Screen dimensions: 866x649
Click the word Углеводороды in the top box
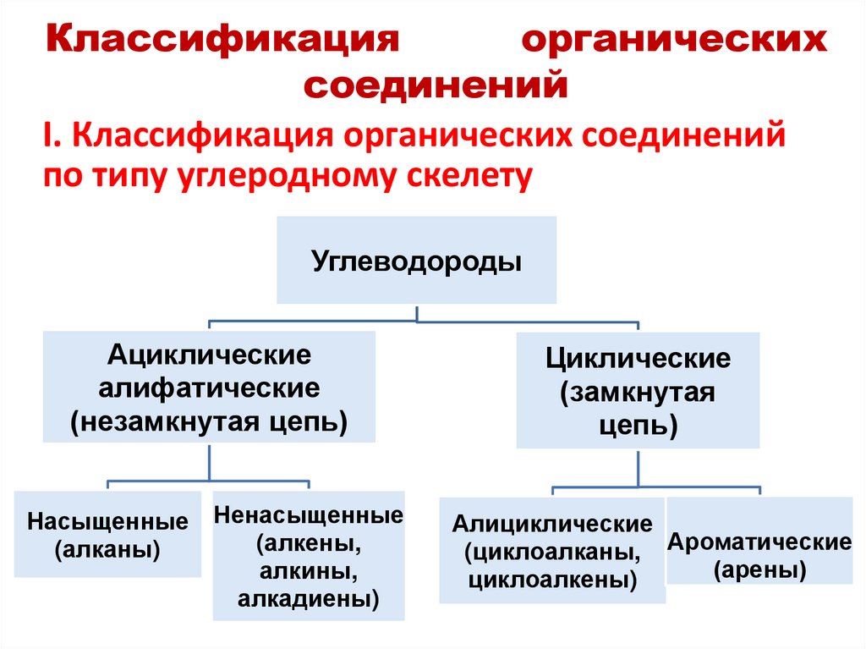coord(417,259)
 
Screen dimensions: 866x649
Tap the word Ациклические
coord(210,355)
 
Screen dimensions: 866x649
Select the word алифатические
coord(210,388)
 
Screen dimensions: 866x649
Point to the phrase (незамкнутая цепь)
coord(210,421)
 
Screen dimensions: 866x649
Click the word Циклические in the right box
coord(638,358)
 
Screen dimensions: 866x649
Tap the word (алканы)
coord(107,550)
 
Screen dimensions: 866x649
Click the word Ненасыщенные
coord(308,514)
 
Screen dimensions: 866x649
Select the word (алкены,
coord(308,543)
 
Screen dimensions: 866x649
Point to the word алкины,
coord(308,572)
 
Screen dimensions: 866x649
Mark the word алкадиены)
coord(308,601)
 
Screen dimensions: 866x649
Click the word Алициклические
coord(552,524)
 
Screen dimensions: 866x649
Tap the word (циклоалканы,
coord(552,553)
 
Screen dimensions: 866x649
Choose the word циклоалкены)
coord(552,581)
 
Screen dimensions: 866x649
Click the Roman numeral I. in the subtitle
coord(49,135)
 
